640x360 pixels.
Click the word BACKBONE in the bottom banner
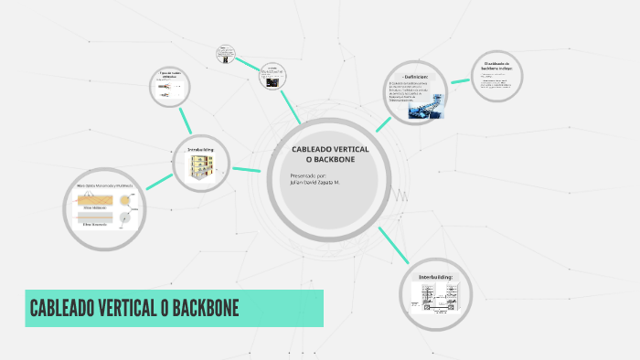(x=197, y=308)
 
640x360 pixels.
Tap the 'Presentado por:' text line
(x=308, y=175)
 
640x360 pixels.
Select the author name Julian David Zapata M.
(x=315, y=182)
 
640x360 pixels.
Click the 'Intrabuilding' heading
(x=200, y=149)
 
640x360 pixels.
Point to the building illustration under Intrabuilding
(x=200, y=167)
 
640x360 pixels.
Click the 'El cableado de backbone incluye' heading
(x=498, y=67)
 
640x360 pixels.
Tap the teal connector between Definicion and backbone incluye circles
(x=460, y=83)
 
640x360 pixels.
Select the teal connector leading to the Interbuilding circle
(x=392, y=246)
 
